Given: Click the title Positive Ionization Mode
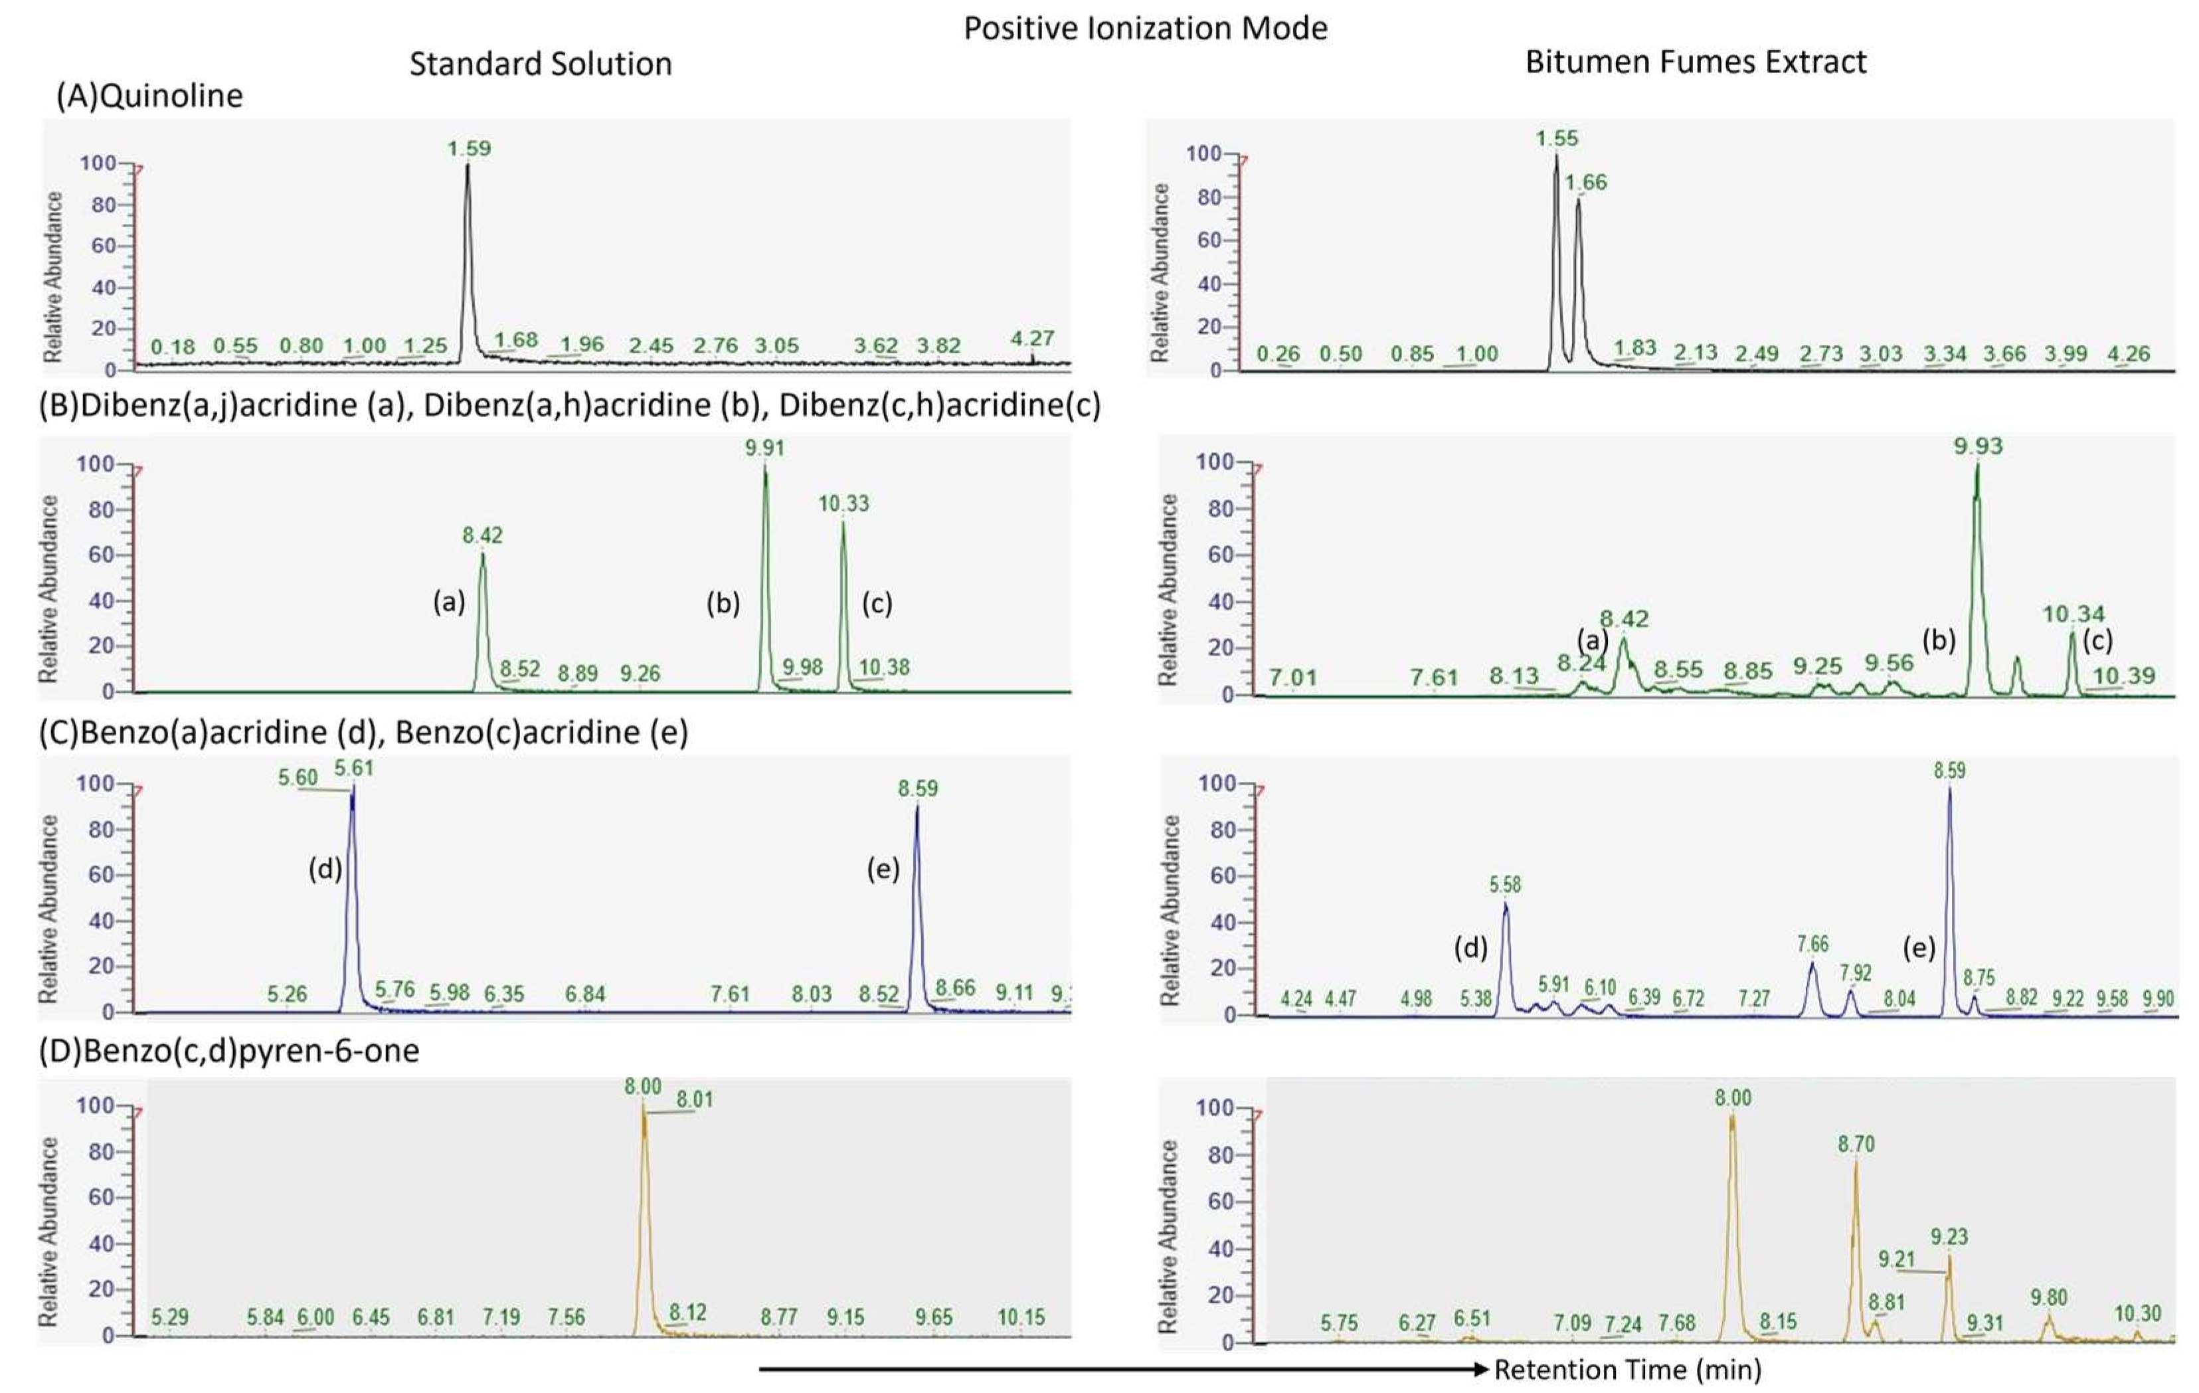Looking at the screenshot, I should tap(1145, 29).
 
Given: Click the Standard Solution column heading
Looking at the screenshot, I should tap(540, 64).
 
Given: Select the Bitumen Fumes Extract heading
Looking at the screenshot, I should tap(1695, 62).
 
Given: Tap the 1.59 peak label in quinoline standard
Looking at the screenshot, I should tap(468, 148).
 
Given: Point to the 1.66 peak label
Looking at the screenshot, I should tap(1585, 183).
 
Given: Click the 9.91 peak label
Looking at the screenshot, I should tap(764, 448).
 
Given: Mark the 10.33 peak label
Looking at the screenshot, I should tap(843, 504).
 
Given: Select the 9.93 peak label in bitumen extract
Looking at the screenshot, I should tap(1978, 446).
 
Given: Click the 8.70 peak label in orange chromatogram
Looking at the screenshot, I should tap(1856, 1144).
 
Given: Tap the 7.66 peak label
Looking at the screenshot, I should tap(1812, 943).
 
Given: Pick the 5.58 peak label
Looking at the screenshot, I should tap(1505, 884).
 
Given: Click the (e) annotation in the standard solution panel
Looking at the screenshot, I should tap(882, 870).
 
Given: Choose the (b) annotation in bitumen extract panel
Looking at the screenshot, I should tap(1938, 640).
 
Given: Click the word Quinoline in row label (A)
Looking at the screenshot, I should tap(171, 96).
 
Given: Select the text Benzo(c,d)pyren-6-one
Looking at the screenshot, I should tap(250, 1050).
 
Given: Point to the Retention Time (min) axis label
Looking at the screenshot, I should tap(1627, 1369).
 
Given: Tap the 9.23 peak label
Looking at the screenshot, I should tap(1949, 1237).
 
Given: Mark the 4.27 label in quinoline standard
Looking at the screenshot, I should tap(1032, 338).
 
